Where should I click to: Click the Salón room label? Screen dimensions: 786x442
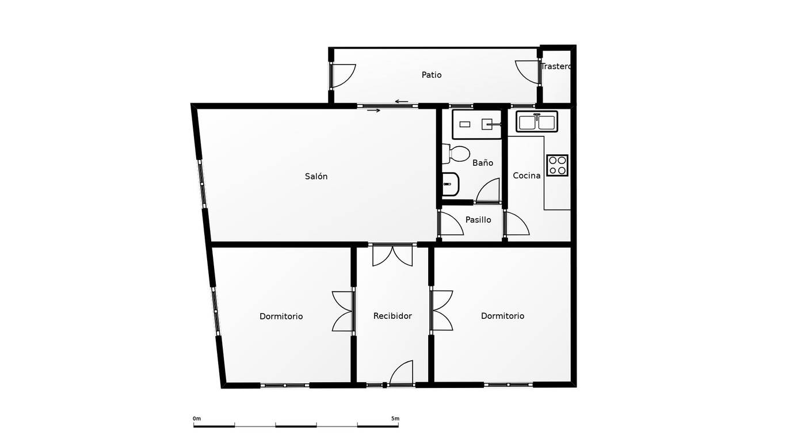pos(316,176)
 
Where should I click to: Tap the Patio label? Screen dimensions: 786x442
pos(431,75)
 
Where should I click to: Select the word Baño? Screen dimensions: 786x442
pos(483,162)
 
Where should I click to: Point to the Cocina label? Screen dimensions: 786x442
pos(526,176)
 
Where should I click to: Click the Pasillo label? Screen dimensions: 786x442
pos(478,220)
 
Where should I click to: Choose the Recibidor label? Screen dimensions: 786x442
pos(392,316)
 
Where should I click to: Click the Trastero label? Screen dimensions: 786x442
pos(556,66)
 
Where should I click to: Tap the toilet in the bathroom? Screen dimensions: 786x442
pos(456,154)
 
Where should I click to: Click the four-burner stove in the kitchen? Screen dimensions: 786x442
pos(557,165)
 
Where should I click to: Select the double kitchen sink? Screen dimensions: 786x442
pos(537,122)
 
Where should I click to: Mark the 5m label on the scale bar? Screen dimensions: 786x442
pos(395,418)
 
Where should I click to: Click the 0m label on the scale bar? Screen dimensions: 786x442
pos(197,418)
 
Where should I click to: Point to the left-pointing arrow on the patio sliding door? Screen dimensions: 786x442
pos(402,102)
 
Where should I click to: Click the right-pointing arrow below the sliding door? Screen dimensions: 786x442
pos(373,110)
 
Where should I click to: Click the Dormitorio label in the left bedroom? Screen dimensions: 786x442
pos(281,317)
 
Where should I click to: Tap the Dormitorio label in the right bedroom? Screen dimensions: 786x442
pos(502,316)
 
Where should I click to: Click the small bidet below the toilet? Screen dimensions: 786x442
pos(450,184)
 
